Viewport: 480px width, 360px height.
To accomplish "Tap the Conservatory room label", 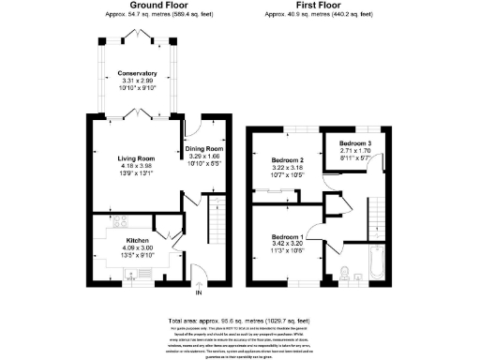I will click(x=137, y=73).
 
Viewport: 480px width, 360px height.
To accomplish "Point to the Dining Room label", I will click(x=203, y=148).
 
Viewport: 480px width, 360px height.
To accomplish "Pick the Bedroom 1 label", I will click(x=287, y=237).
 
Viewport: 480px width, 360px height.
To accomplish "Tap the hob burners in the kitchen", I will click(x=119, y=223).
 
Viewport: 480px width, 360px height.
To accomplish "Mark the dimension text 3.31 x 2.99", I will click(x=137, y=82).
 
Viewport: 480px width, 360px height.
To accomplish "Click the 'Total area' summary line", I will click(x=239, y=321).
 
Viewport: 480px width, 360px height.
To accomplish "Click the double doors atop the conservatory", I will click(x=137, y=37).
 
